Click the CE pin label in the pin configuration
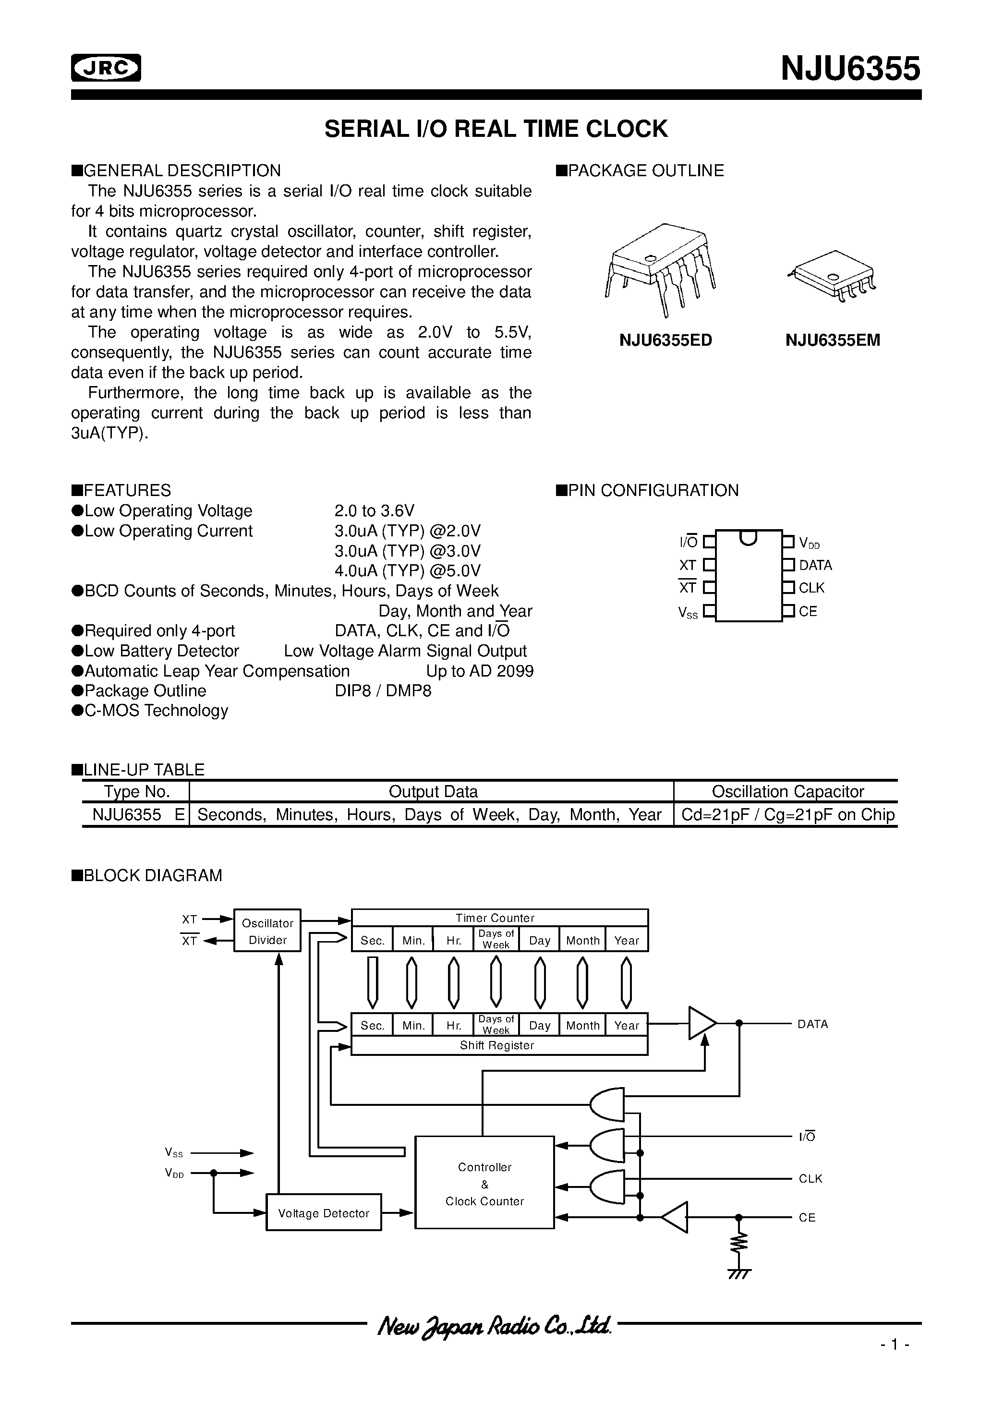807,612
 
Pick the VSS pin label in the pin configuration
688,613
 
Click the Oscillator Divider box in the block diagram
267,931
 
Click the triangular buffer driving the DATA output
702,1023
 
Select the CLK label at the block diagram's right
811,1178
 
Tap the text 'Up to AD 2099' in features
480,671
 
